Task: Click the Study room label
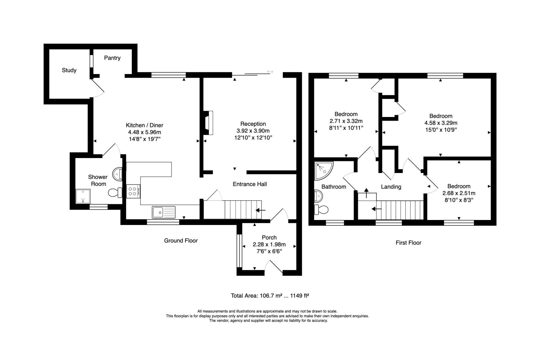(69, 70)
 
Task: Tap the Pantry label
(112, 58)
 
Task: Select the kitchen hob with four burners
(133, 191)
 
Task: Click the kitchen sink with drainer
(164, 212)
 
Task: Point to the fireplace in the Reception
(208, 123)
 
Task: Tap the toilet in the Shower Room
(115, 193)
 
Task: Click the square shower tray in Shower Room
(83, 196)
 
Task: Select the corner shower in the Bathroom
(323, 170)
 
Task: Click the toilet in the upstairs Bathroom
(321, 210)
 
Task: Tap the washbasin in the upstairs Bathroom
(318, 196)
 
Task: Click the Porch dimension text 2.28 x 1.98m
(269, 244)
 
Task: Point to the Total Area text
(270, 296)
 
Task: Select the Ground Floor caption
(181, 241)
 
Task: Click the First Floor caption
(408, 243)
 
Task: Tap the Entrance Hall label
(250, 184)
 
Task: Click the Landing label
(391, 187)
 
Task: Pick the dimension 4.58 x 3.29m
(441, 123)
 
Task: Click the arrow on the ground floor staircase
(261, 210)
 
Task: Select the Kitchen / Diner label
(144, 125)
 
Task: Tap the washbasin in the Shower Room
(117, 174)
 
